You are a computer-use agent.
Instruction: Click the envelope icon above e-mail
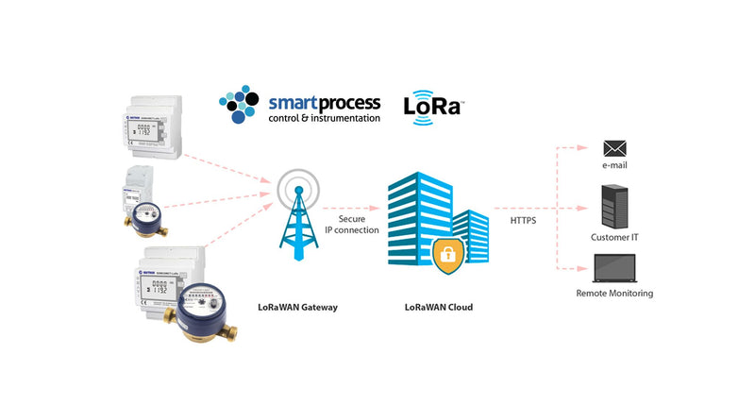click(615, 148)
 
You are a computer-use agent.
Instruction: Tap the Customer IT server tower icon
click(615, 207)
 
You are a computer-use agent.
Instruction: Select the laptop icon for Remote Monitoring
click(614, 270)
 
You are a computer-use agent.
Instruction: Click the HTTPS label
click(524, 220)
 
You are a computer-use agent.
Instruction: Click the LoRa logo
click(431, 106)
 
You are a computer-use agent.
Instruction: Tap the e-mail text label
click(615, 166)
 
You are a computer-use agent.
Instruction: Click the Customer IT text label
click(615, 237)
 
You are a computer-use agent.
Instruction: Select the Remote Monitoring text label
click(614, 294)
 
